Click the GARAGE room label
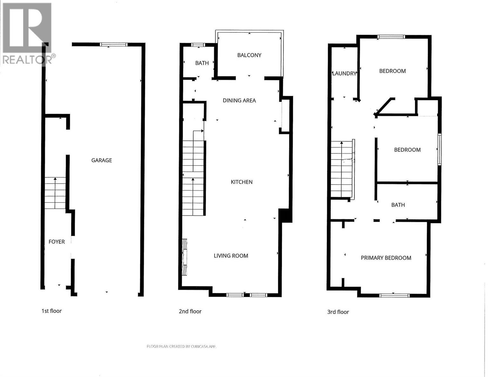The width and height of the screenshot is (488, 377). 102,160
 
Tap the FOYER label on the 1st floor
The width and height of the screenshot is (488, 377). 57,242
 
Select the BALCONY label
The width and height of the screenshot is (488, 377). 249,55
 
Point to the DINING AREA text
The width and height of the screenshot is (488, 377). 239,101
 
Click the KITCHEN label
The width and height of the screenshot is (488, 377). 241,182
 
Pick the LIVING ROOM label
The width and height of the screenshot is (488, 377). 231,256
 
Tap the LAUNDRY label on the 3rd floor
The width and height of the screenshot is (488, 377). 344,73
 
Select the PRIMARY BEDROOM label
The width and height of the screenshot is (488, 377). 386,258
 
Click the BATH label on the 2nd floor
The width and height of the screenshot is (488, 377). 202,63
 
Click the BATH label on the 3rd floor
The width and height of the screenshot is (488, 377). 398,205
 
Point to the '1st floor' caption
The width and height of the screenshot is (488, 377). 51,311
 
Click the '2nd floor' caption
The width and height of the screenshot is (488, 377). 190,312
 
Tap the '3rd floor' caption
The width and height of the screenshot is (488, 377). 338,312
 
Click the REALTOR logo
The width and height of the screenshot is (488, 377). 27,33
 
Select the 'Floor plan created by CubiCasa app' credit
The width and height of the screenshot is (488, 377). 181,347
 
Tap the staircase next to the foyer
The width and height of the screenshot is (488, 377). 55,193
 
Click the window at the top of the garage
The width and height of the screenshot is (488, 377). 113,45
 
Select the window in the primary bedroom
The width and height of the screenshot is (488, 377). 394,295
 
